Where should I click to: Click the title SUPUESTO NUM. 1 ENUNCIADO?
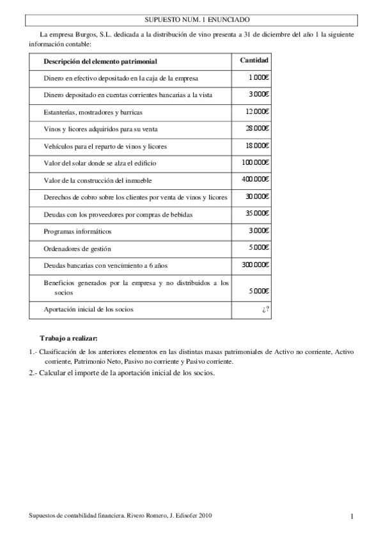191,21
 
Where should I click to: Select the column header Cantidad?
254,60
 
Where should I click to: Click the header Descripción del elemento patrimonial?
100,61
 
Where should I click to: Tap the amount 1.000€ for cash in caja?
259,77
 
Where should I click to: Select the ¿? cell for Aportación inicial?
265,309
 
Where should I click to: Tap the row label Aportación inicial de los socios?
89,309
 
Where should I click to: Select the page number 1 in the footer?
352,516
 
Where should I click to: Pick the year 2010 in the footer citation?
205,515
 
